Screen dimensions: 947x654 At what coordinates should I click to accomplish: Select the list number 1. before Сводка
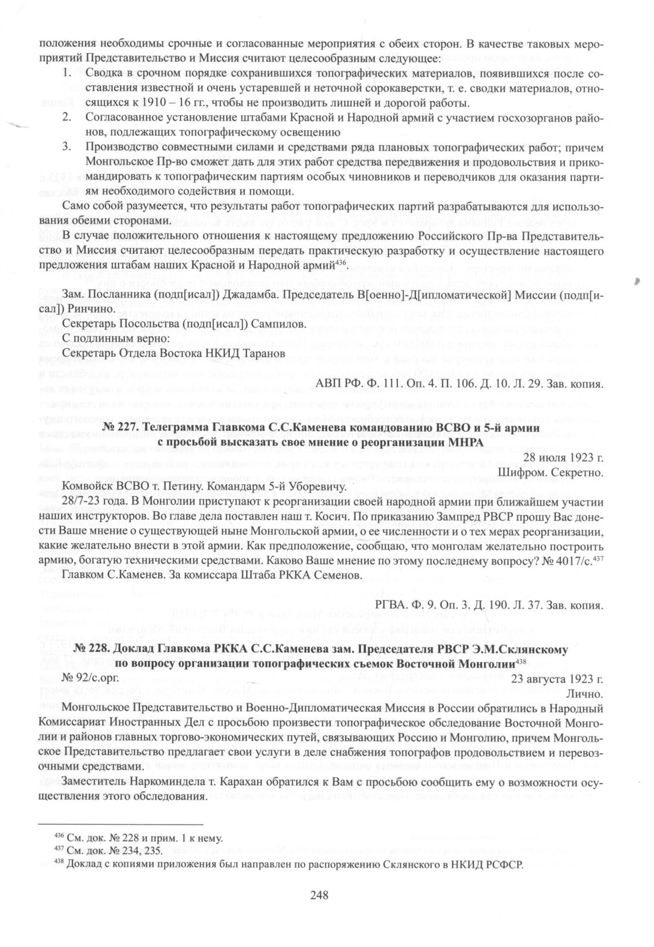[67, 73]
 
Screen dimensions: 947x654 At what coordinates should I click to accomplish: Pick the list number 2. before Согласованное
[67, 118]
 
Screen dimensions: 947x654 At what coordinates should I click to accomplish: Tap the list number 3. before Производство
[67, 147]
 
